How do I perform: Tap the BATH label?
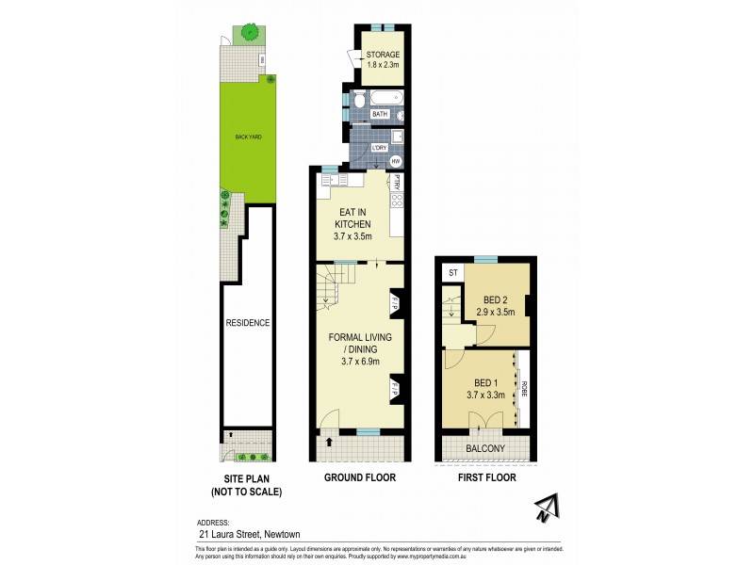click(x=380, y=114)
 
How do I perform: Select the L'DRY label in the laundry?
click(x=380, y=147)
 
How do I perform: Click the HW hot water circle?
click(x=396, y=161)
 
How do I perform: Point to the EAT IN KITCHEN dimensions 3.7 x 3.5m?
click(x=353, y=236)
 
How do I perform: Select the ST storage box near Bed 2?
click(x=453, y=273)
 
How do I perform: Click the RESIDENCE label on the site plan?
click(x=248, y=323)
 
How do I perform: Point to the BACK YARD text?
click(x=249, y=137)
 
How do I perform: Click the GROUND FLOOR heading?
click(x=360, y=477)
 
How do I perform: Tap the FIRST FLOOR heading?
click(x=485, y=477)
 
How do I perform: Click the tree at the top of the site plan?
click(x=250, y=33)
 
